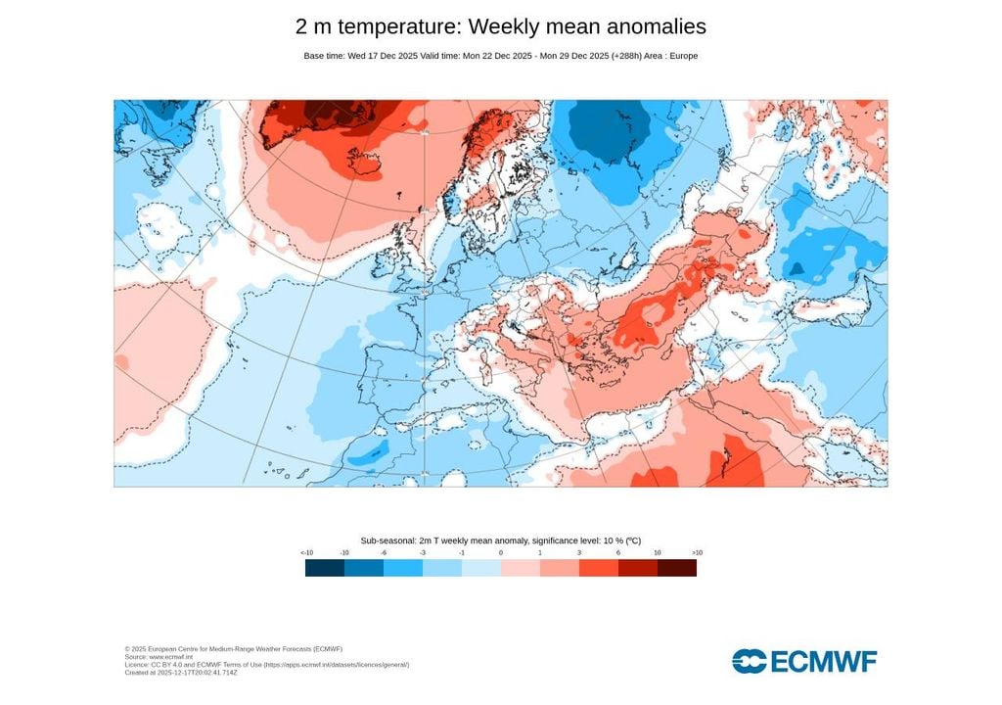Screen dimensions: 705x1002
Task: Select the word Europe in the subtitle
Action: coord(682,56)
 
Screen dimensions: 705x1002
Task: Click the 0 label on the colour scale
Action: coord(501,553)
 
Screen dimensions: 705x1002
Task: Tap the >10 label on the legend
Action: coord(696,553)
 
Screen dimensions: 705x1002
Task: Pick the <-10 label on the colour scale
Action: coord(306,553)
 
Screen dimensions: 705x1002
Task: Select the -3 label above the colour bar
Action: coord(423,553)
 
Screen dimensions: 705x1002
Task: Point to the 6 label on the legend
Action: coord(618,553)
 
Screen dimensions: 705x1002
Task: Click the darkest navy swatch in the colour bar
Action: coord(325,568)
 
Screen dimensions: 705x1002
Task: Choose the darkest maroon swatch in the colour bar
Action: coord(677,568)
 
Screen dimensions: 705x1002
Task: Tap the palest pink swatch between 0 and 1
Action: coord(521,568)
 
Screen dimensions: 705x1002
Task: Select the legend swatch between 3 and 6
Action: coord(599,568)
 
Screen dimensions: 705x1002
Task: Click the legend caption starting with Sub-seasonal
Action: coord(500,540)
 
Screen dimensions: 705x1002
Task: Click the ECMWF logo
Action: coord(804,661)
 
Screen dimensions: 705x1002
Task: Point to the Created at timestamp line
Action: coord(181,673)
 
